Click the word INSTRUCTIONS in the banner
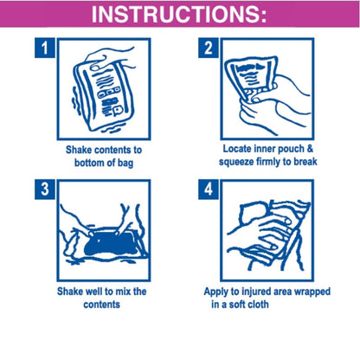(x=176, y=14)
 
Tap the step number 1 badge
(x=45, y=48)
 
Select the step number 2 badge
(x=209, y=48)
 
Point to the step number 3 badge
(x=45, y=190)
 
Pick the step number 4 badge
(x=209, y=190)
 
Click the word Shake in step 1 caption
(x=79, y=150)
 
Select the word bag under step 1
(x=125, y=164)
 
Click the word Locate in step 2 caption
(x=237, y=149)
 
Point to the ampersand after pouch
(x=310, y=149)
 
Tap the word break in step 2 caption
(x=305, y=162)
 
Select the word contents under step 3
(x=101, y=305)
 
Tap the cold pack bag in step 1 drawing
(x=104, y=93)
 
